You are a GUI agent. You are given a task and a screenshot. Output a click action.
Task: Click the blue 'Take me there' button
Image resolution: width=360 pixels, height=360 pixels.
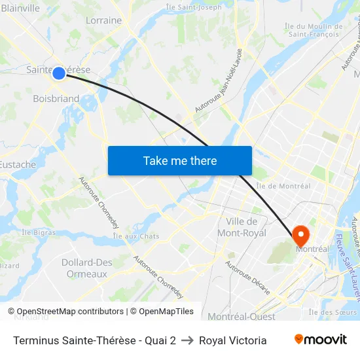coord(179,160)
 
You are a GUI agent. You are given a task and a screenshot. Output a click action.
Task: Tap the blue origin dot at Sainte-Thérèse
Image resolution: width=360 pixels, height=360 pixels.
coord(59,73)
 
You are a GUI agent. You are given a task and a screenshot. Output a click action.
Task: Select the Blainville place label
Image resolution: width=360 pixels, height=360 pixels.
coord(20,9)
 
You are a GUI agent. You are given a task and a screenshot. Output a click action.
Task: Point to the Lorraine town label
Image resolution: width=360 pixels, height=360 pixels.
coord(103,20)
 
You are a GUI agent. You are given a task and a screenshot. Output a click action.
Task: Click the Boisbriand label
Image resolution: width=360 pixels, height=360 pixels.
coord(56,99)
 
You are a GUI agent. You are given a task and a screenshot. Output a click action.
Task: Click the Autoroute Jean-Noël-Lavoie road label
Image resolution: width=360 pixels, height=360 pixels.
coord(220,79)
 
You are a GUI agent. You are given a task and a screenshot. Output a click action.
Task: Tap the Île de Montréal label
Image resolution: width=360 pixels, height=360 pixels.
coord(283,186)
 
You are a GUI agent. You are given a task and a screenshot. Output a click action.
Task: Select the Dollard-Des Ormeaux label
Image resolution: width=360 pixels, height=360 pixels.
coord(86,268)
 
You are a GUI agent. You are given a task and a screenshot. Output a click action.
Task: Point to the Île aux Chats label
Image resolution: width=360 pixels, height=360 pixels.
coord(136,236)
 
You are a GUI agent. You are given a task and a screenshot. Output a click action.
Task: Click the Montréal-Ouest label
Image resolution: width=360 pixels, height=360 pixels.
coord(241,317)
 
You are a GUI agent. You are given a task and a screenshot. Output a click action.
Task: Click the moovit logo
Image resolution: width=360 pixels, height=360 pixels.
coord(320,340)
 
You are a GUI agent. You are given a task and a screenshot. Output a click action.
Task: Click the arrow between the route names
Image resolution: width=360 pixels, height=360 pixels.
coord(187,340)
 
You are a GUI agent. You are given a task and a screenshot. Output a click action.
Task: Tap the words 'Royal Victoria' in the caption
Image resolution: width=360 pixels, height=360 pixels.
coord(232,340)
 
